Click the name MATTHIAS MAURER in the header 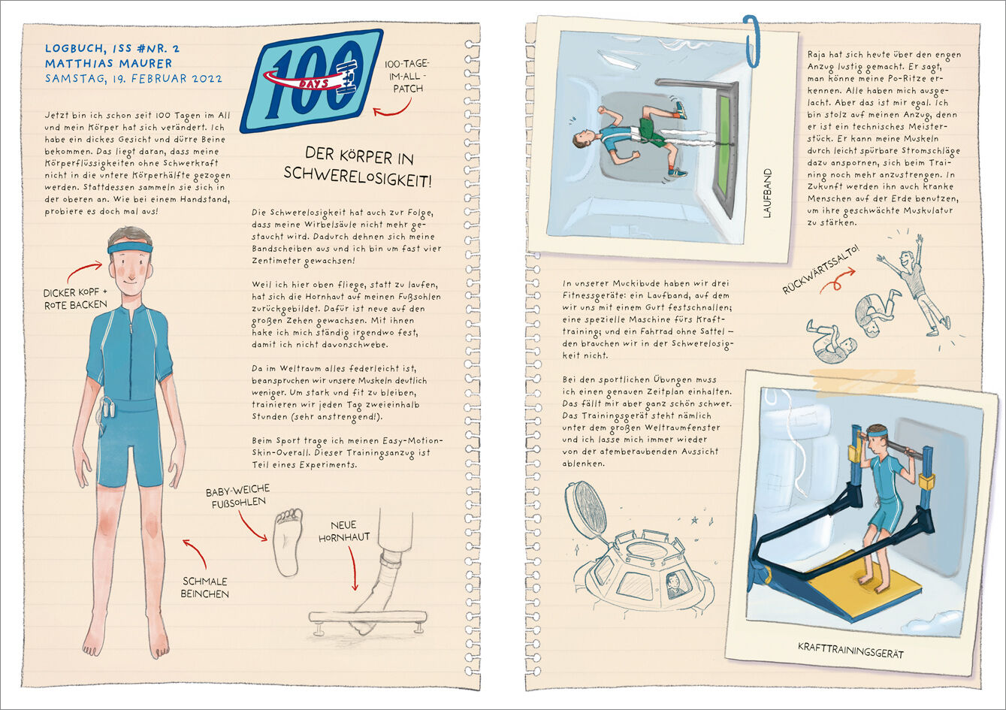coord(108,64)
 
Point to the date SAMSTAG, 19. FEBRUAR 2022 coord(133,78)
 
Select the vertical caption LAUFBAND coord(767,193)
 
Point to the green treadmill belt coord(724,143)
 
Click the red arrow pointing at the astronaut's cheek coord(84,269)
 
